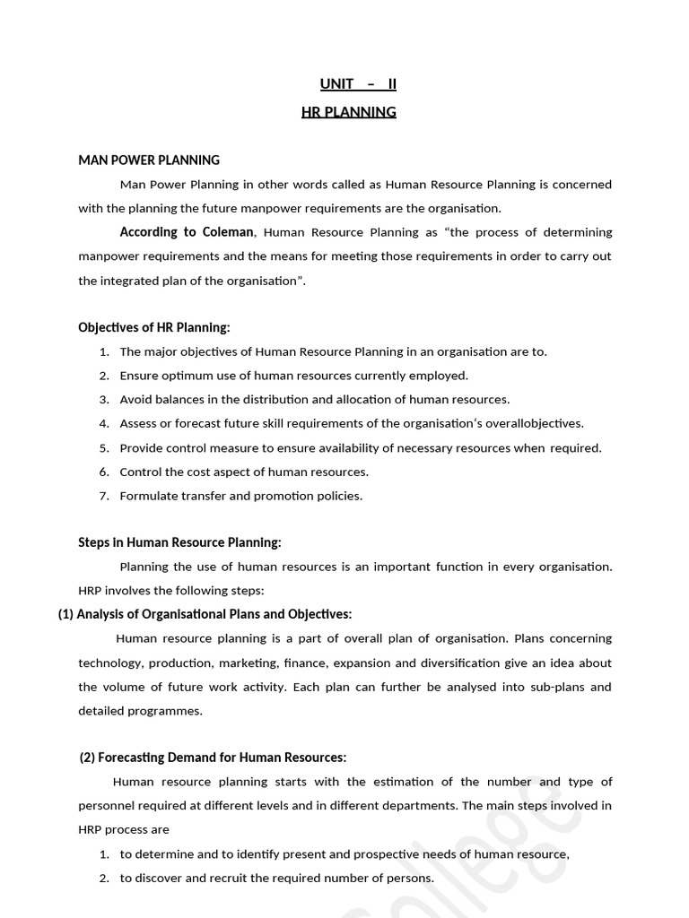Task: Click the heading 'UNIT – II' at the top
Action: click(358, 84)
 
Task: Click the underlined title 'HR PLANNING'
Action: click(349, 112)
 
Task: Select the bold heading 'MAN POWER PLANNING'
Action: click(149, 160)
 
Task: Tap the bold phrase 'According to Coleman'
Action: click(188, 232)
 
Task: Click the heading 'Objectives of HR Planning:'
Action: click(154, 327)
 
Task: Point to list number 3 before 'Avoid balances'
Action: click(104, 400)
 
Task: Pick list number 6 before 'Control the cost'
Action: click(104, 472)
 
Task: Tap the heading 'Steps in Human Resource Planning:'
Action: click(179, 542)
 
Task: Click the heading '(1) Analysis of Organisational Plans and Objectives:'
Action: click(205, 614)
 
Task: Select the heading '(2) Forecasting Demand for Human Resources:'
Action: click(213, 758)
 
